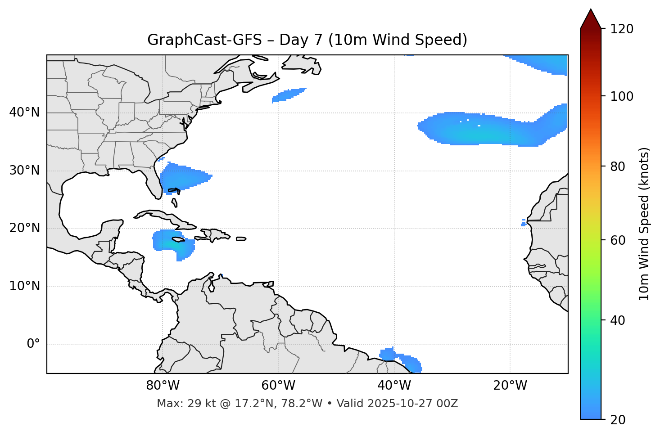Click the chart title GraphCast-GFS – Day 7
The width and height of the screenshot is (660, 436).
[x=307, y=40]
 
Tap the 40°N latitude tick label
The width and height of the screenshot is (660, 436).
[x=24, y=112]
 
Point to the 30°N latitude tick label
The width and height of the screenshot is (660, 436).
[x=24, y=171]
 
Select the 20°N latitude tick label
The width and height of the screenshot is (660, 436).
[x=24, y=228]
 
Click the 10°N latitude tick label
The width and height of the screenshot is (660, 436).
[x=24, y=286]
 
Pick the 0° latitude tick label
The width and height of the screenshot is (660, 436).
[x=33, y=344]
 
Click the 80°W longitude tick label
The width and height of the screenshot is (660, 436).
[x=163, y=386]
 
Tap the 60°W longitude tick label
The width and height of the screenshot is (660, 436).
[x=278, y=386]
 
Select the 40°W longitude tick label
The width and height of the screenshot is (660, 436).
[x=394, y=386]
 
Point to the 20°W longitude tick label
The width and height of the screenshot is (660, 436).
[x=510, y=386]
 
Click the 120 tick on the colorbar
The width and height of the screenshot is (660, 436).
[x=622, y=29]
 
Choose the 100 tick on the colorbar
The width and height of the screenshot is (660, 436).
[x=622, y=96]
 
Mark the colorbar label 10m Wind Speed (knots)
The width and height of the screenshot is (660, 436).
[x=644, y=224]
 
